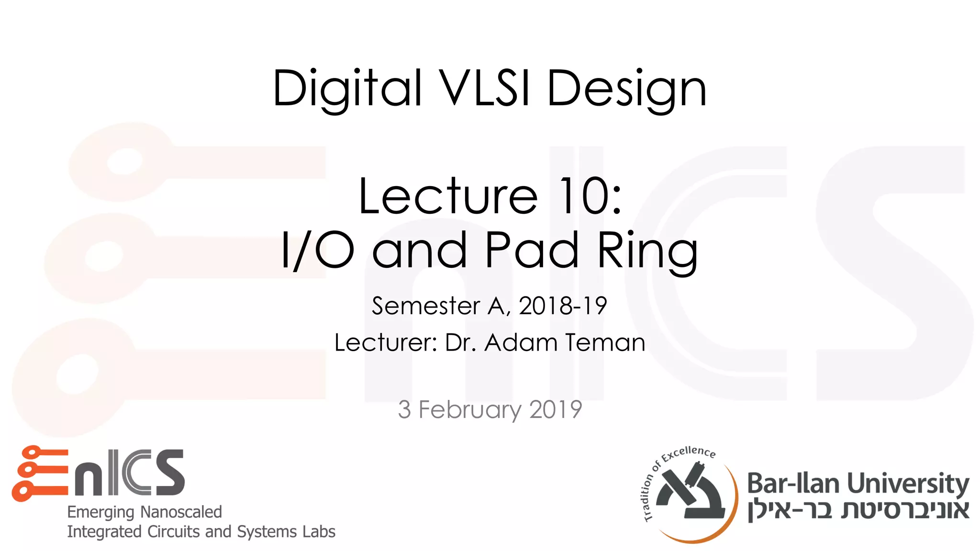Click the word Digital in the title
pos(348,89)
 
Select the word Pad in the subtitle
pos(532,250)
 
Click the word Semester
pos(426,306)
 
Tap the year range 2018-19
pos(563,306)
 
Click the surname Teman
pos(605,342)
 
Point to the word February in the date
pos(470,410)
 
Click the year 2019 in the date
pos(556,409)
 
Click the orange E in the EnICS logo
pos(40,473)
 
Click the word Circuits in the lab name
pos(175,531)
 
